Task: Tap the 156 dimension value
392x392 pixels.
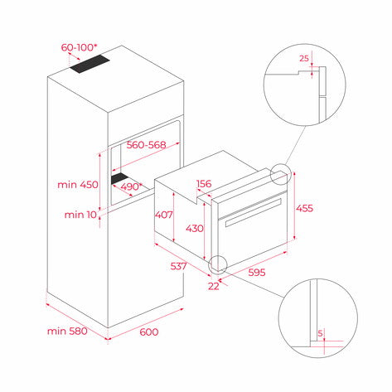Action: tap(204, 184)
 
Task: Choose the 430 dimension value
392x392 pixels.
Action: tap(194, 227)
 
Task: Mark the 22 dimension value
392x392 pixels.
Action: tap(215, 286)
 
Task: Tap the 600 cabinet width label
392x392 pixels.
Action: tap(148, 332)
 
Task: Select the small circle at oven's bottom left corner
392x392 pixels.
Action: tap(219, 264)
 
